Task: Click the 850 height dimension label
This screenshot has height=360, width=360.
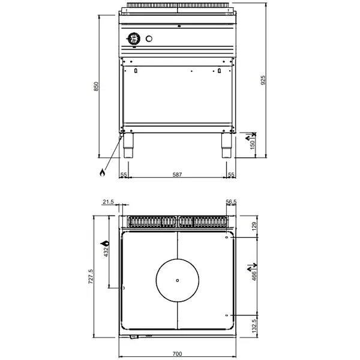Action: pyautogui.click(x=95, y=87)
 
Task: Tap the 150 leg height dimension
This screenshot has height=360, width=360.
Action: pyautogui.click(x=252, y=145)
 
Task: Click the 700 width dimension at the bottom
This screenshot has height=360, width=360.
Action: pyautogui.click(x=178, y=353)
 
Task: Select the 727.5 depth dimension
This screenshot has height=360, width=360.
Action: pyautogui.click(x=91, y=277)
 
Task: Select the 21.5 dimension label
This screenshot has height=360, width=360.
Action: pyautogui.click(x=108, y=203)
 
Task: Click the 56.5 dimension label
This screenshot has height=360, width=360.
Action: pyautogui.click(x=231, y=203)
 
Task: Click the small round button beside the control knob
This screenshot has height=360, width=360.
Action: pyautogui.click(x=149, y=40)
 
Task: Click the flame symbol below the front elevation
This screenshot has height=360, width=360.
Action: pyautogui.click(x=102, y=173)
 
